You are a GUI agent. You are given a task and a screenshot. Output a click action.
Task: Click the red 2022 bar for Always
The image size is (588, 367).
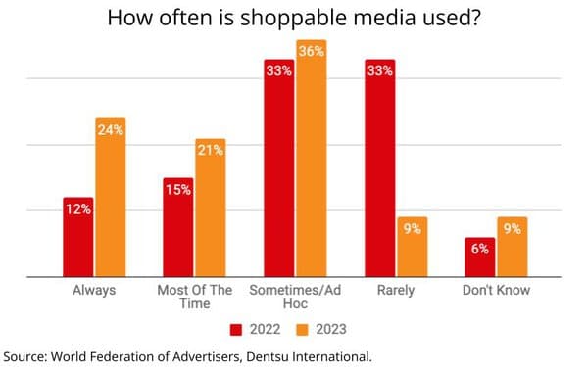[x=78, y=237]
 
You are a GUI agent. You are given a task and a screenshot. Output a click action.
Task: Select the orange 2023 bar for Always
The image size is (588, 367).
[x=111, y=198]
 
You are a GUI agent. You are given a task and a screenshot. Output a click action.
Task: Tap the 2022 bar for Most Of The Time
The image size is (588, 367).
[x=178, y=227]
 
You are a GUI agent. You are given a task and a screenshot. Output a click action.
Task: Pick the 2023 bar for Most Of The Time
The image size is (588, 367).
[x=211, y=207]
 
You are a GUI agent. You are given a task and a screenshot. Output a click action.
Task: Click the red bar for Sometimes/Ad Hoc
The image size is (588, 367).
[x=279, y=168]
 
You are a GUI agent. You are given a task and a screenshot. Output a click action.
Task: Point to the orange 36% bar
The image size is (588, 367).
[x=312, y=158]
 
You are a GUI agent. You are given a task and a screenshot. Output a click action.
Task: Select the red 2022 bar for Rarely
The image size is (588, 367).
[x=380, y=168]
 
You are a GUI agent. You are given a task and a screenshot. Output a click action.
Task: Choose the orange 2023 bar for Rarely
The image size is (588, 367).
[x=413, y=247]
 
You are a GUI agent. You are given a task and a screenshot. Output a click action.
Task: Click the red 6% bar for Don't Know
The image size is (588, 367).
[x=480, y=257]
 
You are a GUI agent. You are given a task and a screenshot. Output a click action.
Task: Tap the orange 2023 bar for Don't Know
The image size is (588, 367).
[x=513, y=247]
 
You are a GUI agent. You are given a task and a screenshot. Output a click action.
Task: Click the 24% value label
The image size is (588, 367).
[x=111, y=130]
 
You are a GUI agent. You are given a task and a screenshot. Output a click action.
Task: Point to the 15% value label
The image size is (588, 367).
[x=178, y=190]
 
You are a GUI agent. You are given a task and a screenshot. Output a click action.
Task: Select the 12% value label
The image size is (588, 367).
[x=78, y=209]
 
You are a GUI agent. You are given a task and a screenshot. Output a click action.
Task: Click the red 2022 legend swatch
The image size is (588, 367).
[x=236, y=330]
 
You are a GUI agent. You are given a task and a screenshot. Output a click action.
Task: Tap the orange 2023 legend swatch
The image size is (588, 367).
[x=302, y=330]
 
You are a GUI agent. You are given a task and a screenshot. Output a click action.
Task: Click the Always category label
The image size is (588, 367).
[x=94, y=290]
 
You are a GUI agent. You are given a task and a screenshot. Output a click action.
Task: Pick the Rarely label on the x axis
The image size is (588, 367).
[x=396, y=291]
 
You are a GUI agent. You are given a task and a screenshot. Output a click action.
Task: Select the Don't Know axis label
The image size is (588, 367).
[x=496, y=290]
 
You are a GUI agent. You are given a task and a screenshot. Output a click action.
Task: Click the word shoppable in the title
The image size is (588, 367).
[x=294, y=19]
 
